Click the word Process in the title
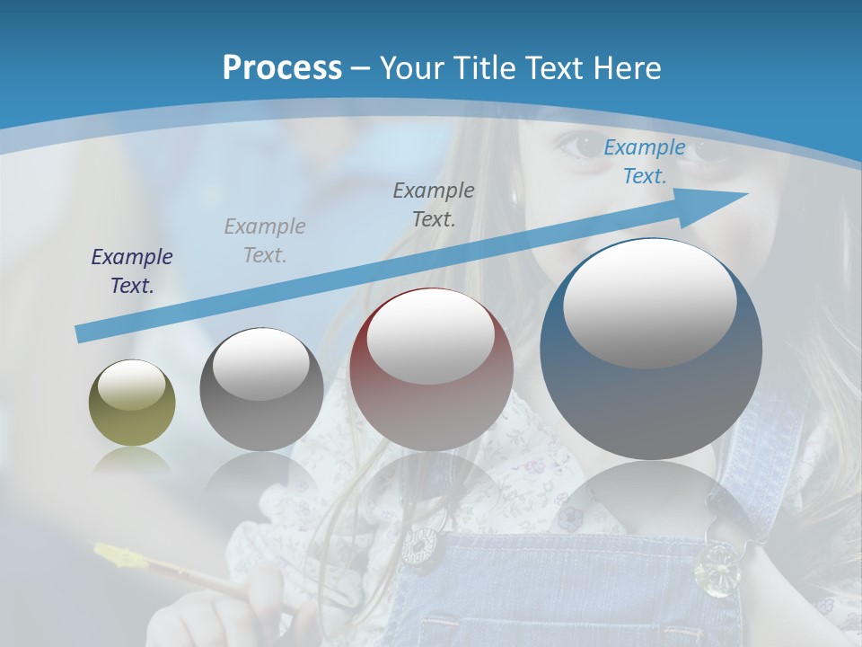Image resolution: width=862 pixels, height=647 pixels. pos(282,67)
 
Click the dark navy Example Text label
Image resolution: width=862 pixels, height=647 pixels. pos(132,271)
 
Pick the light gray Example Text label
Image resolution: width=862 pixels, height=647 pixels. pos(265,241)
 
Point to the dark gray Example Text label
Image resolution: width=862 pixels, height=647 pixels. pos(434,204)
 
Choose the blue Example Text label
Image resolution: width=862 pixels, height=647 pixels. pos(644,162)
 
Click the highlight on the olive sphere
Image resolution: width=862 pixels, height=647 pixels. pos(132,385)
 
